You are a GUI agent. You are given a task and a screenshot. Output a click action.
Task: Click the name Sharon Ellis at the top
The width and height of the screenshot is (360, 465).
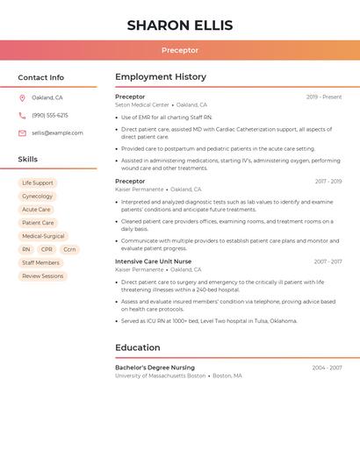(x=180, y=25)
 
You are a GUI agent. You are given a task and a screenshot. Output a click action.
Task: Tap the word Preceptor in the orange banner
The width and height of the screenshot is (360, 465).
(x=180, y=50)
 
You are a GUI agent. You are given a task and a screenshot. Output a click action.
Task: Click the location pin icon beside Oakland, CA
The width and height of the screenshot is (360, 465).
(x=22, y=97)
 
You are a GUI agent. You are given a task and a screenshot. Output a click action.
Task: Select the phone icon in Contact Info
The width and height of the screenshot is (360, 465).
(x=22, y=115)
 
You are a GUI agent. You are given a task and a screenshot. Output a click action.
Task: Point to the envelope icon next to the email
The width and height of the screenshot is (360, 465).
(x=22, y=133)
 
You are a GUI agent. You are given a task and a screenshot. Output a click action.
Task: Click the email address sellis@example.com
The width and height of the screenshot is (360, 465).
(x=57, y=133)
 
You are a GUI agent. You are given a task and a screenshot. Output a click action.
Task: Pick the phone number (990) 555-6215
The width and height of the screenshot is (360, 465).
(x=50, y=115)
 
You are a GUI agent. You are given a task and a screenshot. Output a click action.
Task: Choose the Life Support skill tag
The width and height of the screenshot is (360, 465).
(x=38, y=183)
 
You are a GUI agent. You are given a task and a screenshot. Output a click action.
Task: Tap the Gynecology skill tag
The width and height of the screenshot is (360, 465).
(x=38, y=197)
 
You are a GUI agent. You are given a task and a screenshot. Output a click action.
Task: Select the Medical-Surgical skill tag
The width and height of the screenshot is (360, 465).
(x=43, y=236)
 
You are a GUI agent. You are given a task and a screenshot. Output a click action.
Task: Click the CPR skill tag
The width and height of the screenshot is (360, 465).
(x=47, y=249)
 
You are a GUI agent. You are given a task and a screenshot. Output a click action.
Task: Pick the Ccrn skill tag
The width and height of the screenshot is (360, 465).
(x=69, y=249)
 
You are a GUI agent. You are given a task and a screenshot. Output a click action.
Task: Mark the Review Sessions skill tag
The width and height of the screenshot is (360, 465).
(x=43, y=276)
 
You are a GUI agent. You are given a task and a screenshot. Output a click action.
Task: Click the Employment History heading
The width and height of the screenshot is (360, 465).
(x=161, y=77)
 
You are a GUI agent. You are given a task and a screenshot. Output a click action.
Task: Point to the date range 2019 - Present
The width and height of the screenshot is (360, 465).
(x=324, y=97)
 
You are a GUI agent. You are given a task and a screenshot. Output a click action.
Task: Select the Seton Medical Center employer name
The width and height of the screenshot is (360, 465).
(x=142, y=104)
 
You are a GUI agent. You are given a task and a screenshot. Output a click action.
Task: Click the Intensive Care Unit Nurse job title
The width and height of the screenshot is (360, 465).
(x=153, y=261)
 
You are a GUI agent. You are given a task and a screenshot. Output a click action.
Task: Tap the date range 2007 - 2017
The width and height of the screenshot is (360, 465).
(x=328, y=261)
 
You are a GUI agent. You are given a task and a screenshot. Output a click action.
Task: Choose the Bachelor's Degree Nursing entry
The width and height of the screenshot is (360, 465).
(x=155, y=368)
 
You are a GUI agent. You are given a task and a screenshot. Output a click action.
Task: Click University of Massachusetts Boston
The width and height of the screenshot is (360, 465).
(x=160, y=376)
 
